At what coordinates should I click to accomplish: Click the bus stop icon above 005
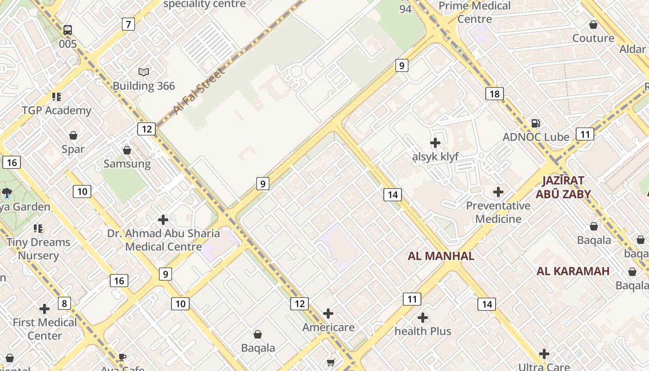click(x=68, y=30)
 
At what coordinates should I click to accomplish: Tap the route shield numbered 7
click(x=128, y=24)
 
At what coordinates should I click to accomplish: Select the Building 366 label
click(x=144, y=86)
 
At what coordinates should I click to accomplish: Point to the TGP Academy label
click(x=57, y=110)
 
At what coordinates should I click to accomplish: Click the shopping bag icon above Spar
click(x=73, y=135)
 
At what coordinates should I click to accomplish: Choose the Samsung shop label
click(x=127, y=164)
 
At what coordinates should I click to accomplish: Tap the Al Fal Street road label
click(x=199, y=91)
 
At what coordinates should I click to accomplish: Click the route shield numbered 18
click(x=495, y=94)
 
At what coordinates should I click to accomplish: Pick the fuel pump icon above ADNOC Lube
click(x=536, y=123)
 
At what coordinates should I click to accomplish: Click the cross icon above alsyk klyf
click(x=435, y=143)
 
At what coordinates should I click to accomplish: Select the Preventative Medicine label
click(x=498, y=212)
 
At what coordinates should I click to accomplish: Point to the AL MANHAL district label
click(x=441, y=256)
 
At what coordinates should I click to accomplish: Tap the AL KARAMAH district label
click(x=573, y=271)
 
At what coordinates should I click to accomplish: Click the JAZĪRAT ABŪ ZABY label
click(x=563, y=187)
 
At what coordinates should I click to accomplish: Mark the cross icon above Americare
click(x=328, y=313)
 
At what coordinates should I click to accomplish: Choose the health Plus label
click(x=423, y=331)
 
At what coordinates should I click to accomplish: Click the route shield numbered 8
click(x=64, y=304)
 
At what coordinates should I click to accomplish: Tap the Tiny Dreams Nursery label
click(x=38, y=249)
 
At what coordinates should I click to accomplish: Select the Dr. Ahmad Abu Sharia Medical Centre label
click(x=163, y=240)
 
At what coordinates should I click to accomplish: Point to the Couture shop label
click(x=593, y=38)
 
